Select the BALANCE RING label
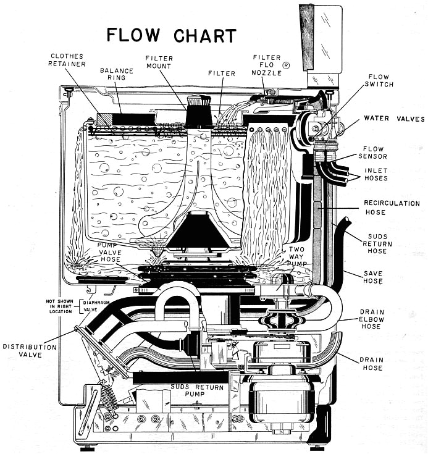[x=117, y=75]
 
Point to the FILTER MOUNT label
[x=159, y=62]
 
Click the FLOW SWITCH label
[x=383, y=82]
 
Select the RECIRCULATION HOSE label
[x=392, y=208]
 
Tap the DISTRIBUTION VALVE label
[x=29, y=351]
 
